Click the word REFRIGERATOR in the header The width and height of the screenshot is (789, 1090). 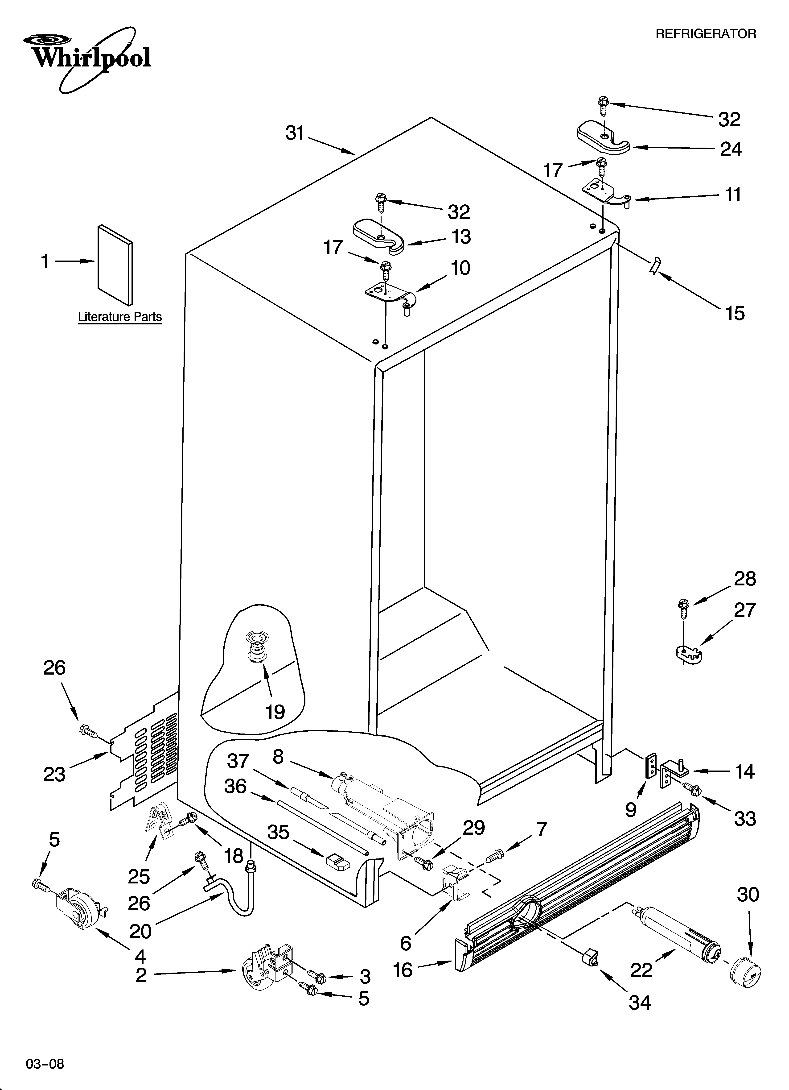(705, 34)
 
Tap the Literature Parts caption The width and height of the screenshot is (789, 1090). (120, 317)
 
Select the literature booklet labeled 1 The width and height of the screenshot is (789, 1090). (115, 265)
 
